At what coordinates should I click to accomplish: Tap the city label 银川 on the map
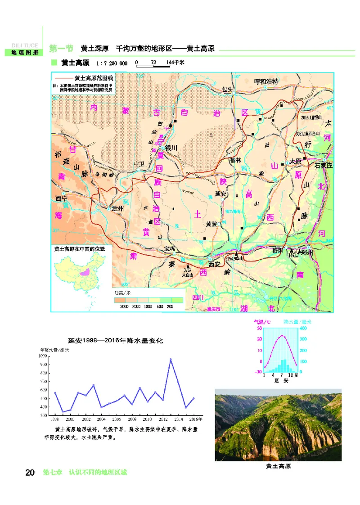pyautogui.click(x=171, y=148)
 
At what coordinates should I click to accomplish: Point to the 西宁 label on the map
pyautogui.click(x=61, y=198)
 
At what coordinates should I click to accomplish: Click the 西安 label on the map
pyautogui.click(x=215, y=264)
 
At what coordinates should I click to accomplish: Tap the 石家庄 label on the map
pyautogui.click(x=322, y=165)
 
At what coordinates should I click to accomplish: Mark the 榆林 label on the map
pyautogui.click(x=235, y=160)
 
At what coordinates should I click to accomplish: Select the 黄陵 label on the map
pyautogui.click(x=211, y=223)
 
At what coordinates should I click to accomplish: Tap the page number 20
pyautogui.click(x=30, y=473)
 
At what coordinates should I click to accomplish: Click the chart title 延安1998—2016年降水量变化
pyautogui.click(x=115, y=341)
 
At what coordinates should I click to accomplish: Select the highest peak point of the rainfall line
pyautogui.click(x=171, y=359)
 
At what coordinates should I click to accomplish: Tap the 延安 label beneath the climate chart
pyautogui.click(x=280, y=380)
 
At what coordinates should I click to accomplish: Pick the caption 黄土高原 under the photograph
pyautogui.click(x=278, y=466)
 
